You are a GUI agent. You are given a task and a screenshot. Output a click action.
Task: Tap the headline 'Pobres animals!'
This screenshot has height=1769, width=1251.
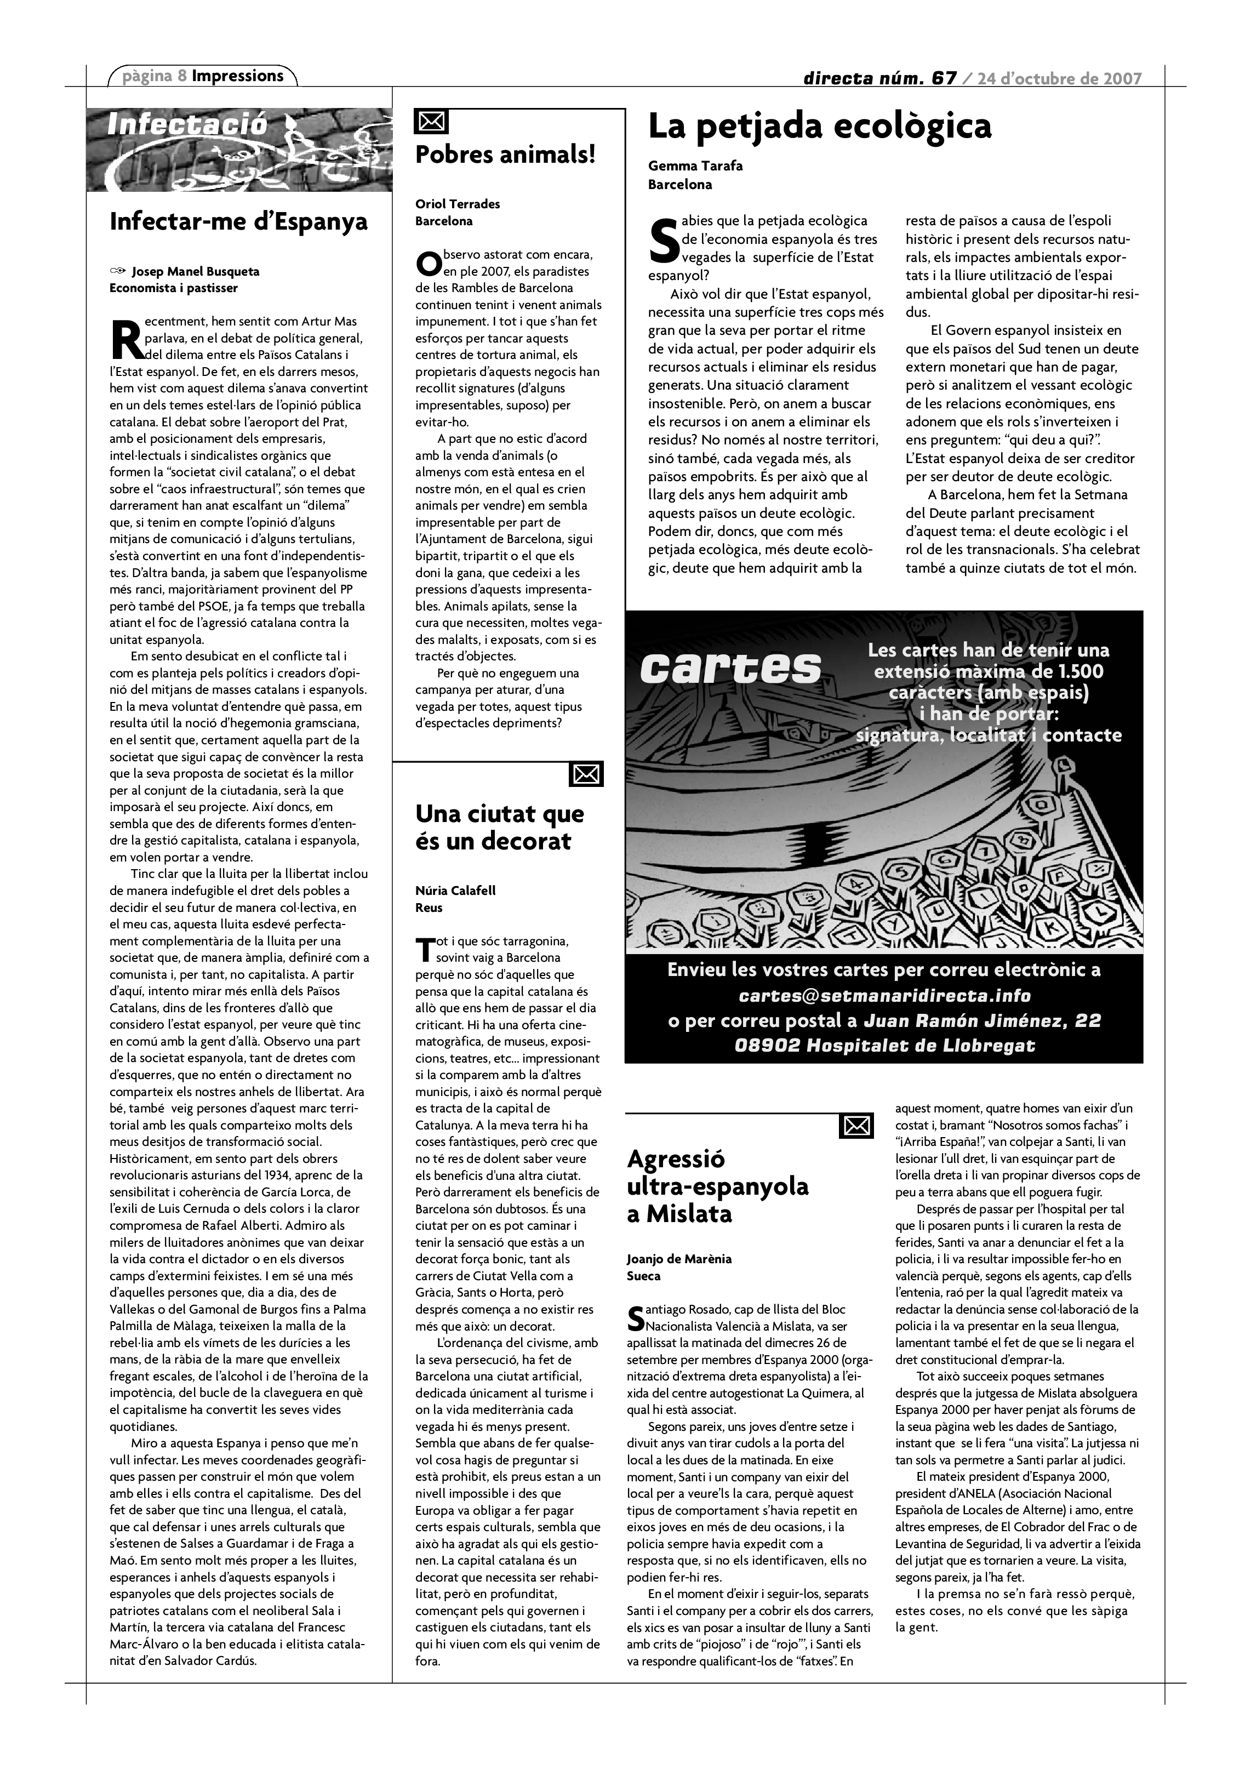click(505, 155)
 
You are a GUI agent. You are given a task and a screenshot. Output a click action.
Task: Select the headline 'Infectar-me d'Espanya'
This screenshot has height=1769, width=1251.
click(239, 222)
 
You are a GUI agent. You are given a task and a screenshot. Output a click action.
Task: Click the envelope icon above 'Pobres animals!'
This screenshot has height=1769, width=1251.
click(431, 122)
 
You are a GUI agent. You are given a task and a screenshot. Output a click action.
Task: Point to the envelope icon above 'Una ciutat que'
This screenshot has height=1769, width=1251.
click(586, 774)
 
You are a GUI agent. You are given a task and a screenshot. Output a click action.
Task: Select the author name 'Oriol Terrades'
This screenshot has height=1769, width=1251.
click(458, 204)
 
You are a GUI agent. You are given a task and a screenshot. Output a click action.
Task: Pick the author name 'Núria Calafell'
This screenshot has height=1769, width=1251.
click(455, 891)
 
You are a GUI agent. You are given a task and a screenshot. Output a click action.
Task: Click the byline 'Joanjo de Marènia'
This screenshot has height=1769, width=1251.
click(678, 1259)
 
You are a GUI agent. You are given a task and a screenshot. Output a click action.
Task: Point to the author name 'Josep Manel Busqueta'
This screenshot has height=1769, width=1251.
click(195, 271)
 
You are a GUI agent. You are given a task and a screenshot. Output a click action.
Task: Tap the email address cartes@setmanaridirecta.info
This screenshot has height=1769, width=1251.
click(884, 995)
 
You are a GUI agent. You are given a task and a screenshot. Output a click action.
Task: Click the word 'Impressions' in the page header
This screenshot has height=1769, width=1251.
click(238, 76)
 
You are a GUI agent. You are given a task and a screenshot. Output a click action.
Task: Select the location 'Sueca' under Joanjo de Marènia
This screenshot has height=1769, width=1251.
click(643, 1276)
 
